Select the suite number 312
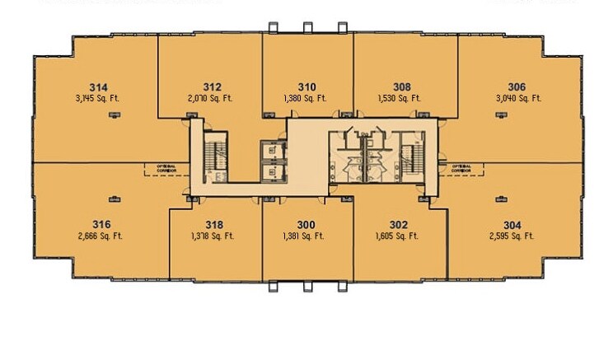coord(213,86)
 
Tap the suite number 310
coord(306,86)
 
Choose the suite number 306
coord(517,86)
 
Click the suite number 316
coord(102,224)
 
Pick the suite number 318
coord(213,224)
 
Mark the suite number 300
coord(306,224)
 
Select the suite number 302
coord(399,224)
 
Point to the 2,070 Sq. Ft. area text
coord(213,98)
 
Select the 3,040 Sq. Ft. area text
coord(517,98)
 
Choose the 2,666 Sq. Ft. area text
coord(102,236)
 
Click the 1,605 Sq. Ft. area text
coord(399,236)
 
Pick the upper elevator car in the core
coord(272,150)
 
